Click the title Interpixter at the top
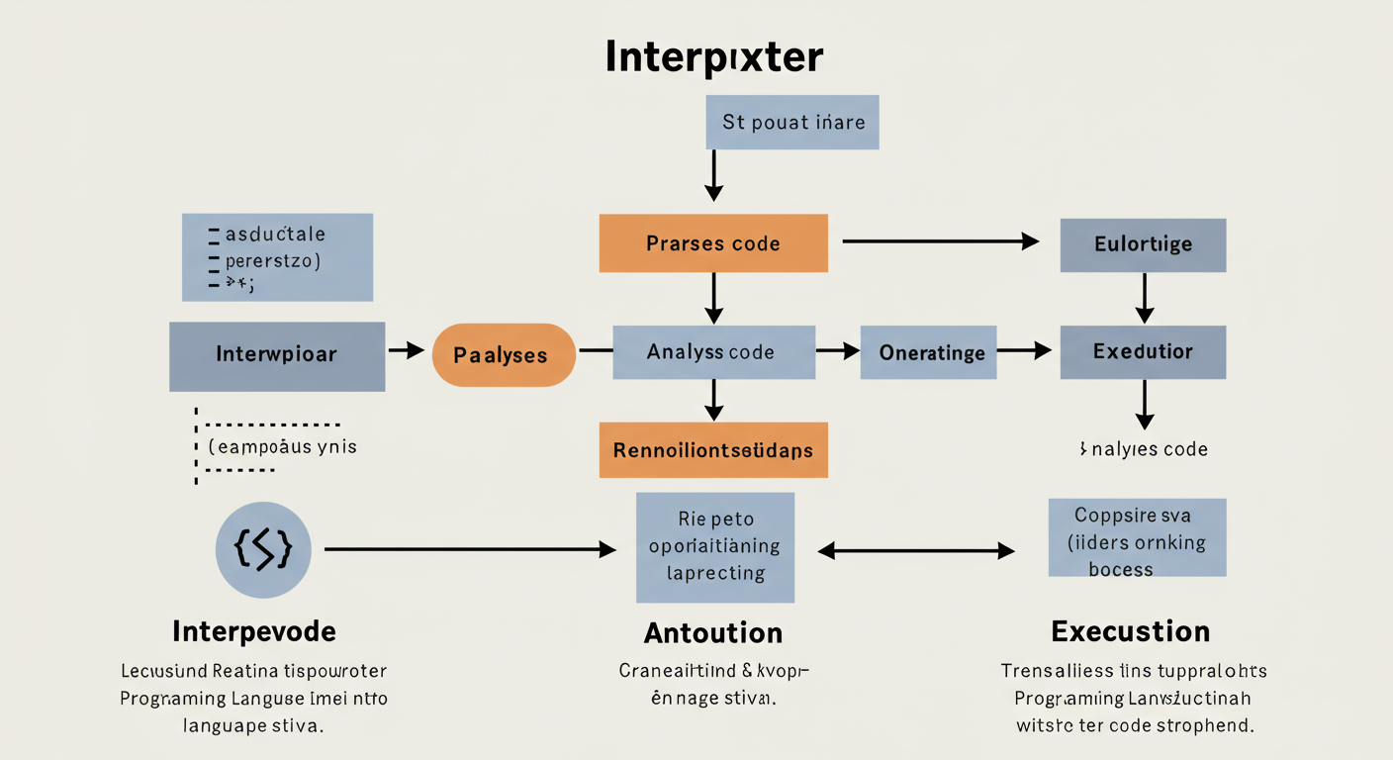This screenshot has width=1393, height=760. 712,57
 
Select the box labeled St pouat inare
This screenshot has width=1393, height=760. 793,123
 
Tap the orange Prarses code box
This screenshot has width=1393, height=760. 713,243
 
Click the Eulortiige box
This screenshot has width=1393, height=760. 1143,245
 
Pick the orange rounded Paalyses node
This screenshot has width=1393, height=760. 504,354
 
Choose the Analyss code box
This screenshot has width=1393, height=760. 713,352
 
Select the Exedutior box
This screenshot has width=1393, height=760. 1143,352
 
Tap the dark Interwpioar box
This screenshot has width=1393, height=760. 277,355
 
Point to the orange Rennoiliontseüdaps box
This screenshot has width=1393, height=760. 713,450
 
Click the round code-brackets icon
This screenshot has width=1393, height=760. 263,550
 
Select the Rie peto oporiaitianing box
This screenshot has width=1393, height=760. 715,546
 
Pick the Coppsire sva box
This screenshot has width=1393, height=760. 1137,537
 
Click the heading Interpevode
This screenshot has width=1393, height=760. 254,631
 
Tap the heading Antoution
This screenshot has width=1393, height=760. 713,632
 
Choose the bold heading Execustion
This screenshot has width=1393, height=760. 1131,631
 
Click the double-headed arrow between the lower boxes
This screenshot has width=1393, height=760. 917,551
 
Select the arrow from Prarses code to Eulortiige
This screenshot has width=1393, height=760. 940,241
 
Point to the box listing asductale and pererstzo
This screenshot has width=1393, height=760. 277,257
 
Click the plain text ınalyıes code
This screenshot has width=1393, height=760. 1143,449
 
